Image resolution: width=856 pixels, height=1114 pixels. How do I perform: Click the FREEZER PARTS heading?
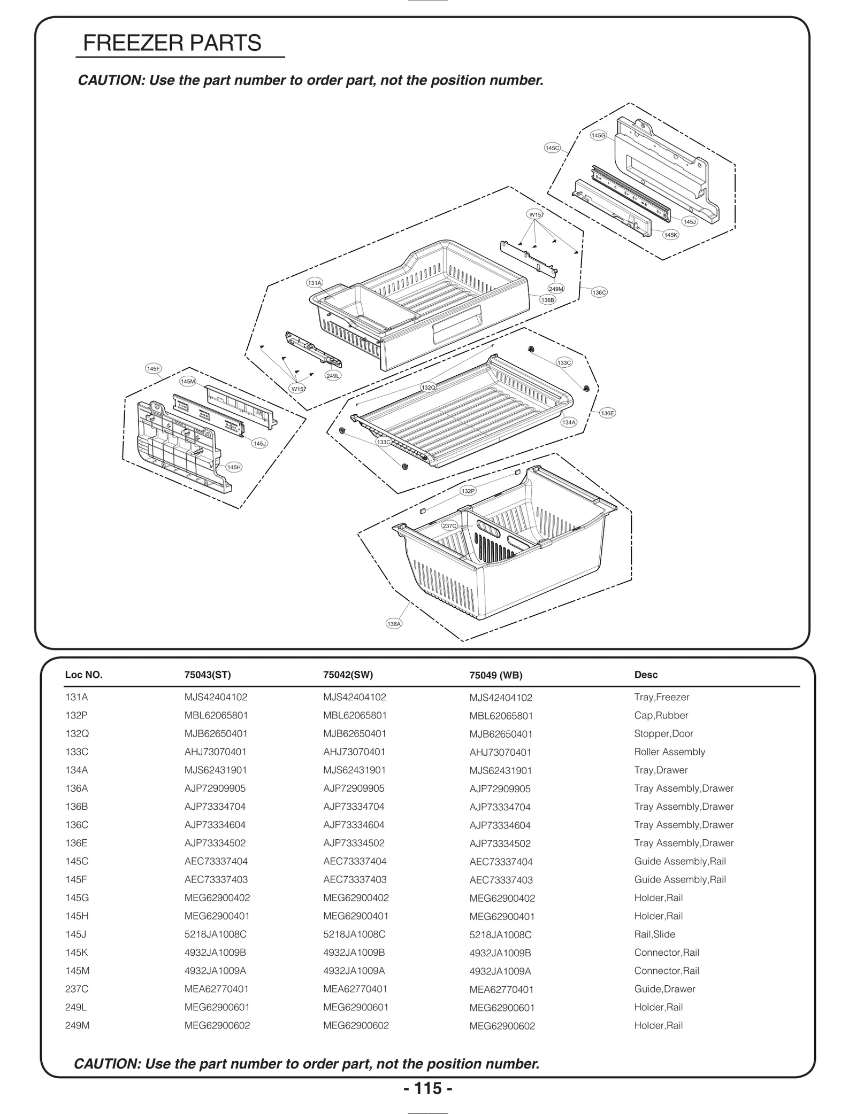pyautogui.click(x=172, y=43)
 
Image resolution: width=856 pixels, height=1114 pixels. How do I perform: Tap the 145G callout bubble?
pyautogui.click(x=598, y=136)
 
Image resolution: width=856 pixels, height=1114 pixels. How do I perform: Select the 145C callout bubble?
pyautogui.click(x=552, y=148)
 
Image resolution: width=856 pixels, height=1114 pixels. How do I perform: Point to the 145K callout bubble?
pyautogui.click(x=670, y=235)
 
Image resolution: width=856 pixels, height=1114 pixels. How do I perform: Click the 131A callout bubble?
pyautogui.click(x=315, y=283)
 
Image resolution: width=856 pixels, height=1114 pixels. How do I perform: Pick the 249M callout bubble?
pyautogui.click(x=556, y=289)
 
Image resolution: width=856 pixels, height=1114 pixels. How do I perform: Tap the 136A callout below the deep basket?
pyautogui.click(x=394, y=624)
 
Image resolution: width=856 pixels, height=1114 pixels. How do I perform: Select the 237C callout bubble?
pyautogui.click(x=449, y=526)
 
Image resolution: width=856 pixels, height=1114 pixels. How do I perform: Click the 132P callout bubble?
pyautogui.click(x=468, y=491)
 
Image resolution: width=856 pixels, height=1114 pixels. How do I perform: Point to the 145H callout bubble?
pyautogui.click(x=234, y=467)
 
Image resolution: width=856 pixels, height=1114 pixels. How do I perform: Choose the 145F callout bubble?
pyautogui.click(x=154, y=369)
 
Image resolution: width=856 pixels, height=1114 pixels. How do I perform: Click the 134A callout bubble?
pyautogui.click(x=569, y=422)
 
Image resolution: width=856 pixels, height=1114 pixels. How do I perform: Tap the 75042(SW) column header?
pyautogui.click(x=348, y=675)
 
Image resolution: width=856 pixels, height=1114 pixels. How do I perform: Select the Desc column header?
pyautogui.click(x=646, y=675)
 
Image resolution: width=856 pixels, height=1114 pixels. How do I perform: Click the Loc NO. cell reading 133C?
pyautogui.click(x=77, y=752)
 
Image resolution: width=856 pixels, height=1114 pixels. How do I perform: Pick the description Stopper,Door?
pyautogui.click(x=663, y=733)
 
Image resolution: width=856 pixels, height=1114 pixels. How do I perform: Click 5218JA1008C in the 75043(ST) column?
pyautogui.click(x=216, y=934)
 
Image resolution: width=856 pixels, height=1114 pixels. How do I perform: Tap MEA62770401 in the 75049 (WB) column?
pyautogui.click(x=501, y=989)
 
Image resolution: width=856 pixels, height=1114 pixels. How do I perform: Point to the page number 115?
pyautogui.click(x=428, y=1088)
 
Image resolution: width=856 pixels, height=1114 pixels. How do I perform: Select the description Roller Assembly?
pyautogui.click(x=669, y=752)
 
